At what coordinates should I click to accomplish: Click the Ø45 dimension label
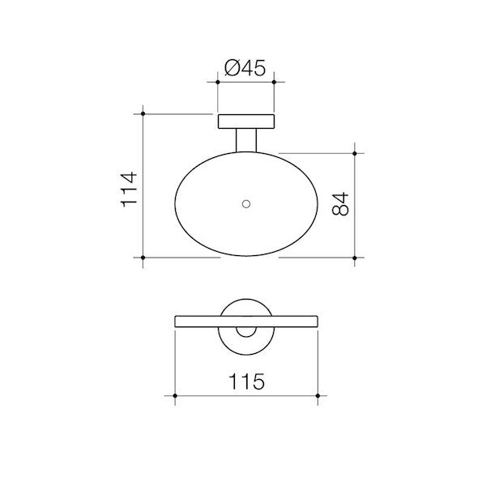245,69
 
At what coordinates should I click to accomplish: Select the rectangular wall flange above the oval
246,122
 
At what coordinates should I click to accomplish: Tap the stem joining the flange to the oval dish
246,139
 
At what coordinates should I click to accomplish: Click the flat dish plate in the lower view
194,321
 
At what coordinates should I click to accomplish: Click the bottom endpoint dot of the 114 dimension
143,258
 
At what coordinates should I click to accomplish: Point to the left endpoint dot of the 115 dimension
176,395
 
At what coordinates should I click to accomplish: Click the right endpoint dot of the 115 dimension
317,395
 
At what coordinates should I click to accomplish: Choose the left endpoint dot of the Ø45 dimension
218,82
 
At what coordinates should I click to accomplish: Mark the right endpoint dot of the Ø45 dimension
274,82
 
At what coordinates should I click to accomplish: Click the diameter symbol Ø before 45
229,69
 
